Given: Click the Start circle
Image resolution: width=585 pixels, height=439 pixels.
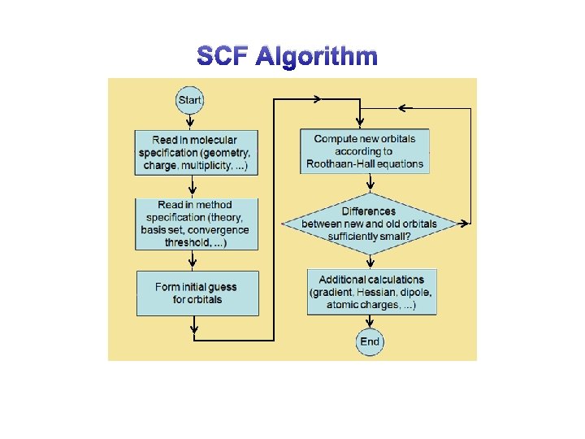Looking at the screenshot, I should (x=189, y=100).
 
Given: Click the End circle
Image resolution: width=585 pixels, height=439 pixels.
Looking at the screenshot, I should (x=370, y=341).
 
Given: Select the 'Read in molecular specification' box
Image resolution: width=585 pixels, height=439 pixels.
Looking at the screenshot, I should (x=195, y=152).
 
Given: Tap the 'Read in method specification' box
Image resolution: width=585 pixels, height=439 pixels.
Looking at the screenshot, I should (x=195, y=224).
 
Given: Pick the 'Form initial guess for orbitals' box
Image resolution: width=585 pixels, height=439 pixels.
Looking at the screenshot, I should (x=197, y=293).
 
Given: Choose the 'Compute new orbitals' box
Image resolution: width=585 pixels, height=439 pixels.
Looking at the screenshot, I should (x=365, y=150).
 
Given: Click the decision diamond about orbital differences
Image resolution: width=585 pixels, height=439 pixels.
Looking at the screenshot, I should (x=370, y=224).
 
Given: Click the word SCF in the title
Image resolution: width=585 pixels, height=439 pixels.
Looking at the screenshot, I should (x=223, y=56).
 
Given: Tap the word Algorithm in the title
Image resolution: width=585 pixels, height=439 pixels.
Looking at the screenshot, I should (x=316, y=57).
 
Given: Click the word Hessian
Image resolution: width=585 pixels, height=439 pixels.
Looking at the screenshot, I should (x=384, y=293).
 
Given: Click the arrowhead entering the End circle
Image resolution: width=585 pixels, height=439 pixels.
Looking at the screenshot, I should (x=370, y=325).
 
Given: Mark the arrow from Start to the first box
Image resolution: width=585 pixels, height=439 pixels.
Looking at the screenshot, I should (x=190, y=119).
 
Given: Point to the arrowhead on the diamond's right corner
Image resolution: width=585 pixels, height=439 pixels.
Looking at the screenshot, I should (x=466, y=223).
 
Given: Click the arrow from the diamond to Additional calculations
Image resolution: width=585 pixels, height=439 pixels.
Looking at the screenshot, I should (x=370, y=260).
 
